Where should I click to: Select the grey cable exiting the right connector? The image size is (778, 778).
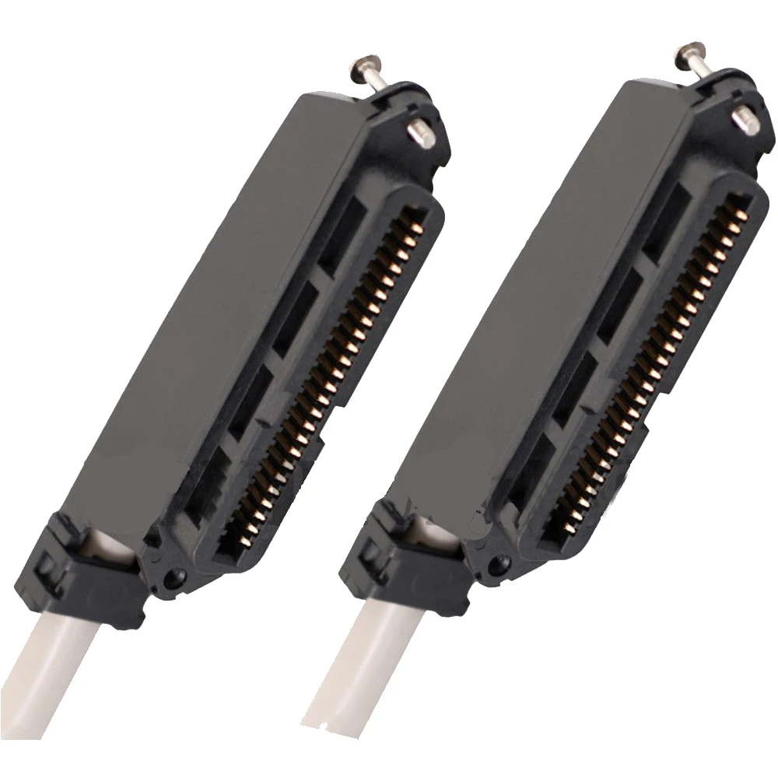(x=366, y=685)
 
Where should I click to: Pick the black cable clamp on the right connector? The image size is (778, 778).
(x=405, y=560)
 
